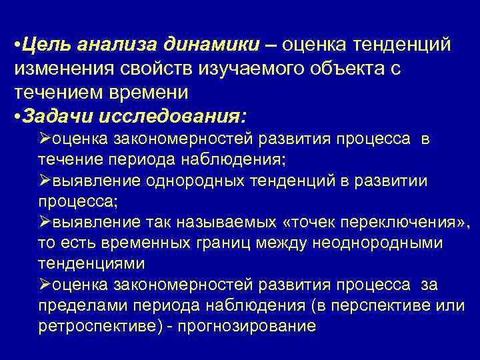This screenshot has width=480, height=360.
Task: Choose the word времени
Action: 151,93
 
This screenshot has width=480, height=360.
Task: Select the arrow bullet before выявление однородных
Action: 44,181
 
